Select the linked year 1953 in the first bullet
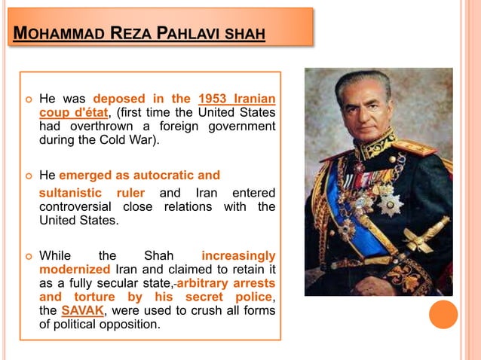(x=213, y=99)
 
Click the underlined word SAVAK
(x=84, y=311)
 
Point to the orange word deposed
(x=120, y=99)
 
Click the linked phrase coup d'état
(x=74, y=113)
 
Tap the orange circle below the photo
(x=443, y=314)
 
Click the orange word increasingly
(x=238, y=255)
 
